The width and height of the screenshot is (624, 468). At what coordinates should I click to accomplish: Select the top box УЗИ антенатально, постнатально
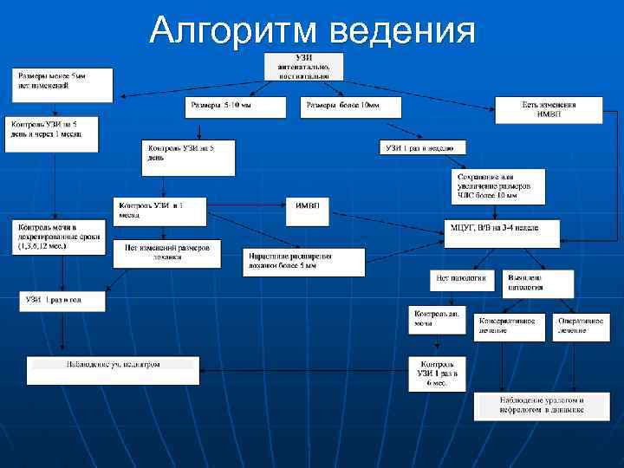coord(302,66)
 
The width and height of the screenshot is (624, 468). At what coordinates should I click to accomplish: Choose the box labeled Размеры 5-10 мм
coord(236,107)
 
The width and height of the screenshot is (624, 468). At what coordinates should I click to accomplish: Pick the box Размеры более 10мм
coord(354,107)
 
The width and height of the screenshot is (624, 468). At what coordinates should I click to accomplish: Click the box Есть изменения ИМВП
coord(549,109)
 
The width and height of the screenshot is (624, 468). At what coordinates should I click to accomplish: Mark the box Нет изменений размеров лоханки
coord(167,251)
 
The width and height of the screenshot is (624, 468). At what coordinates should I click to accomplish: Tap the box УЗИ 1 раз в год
coord(63,301)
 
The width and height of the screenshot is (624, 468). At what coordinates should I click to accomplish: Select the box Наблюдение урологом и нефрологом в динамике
coord(542,406)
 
